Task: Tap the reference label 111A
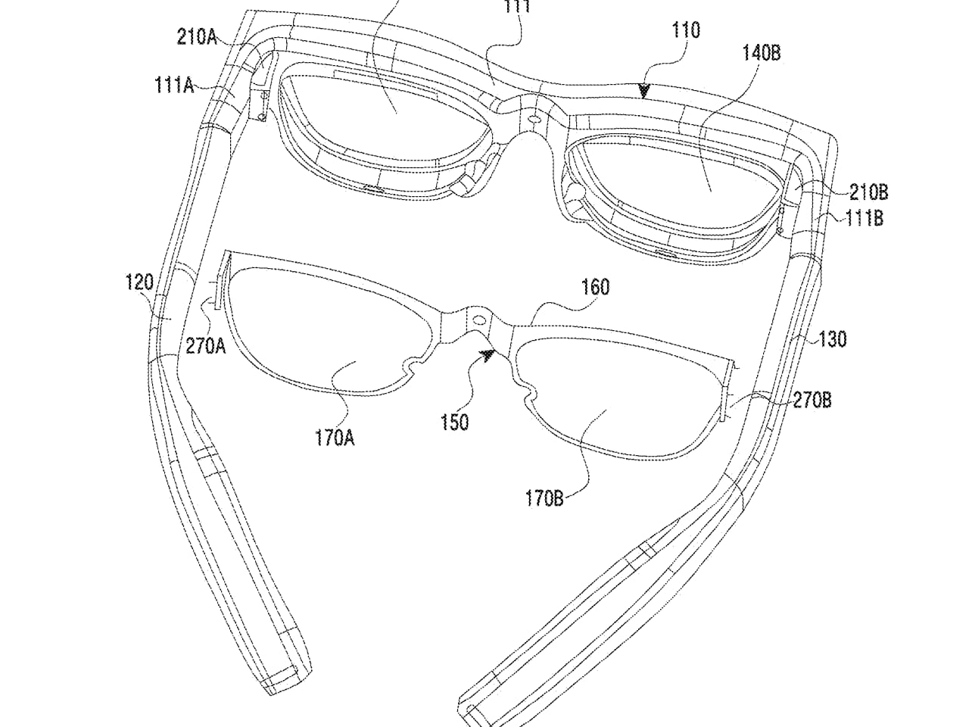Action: [174, 86]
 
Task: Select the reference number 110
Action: [685, 30]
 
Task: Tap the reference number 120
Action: [139, 283]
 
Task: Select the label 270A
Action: [205, 346]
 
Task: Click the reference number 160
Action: [595, 287]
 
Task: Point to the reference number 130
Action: [832, 339]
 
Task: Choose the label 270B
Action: [812, 399]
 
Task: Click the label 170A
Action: [335, 438]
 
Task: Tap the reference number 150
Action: [454, 422]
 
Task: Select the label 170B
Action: [544, 498]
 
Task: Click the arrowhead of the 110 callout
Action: [644, 91]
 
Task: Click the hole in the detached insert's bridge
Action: [478, 320]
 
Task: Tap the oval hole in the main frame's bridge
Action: [532, 120]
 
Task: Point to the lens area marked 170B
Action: [606, 417]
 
